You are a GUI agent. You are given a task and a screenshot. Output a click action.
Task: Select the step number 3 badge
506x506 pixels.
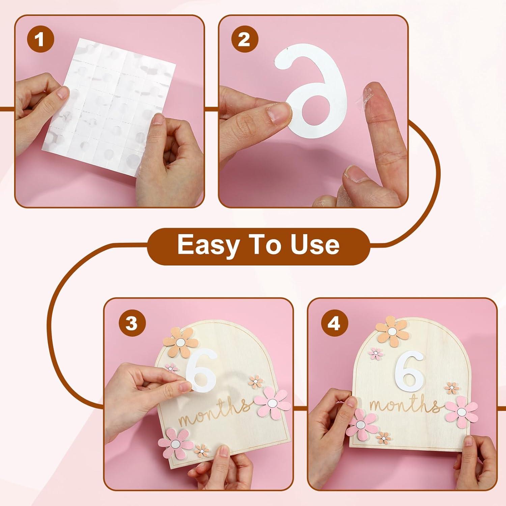click(132, 324)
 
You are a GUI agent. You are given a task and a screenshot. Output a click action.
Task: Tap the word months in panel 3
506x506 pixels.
click(215, 416)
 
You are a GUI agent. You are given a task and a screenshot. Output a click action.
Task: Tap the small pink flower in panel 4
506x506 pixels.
click(376, 354)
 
